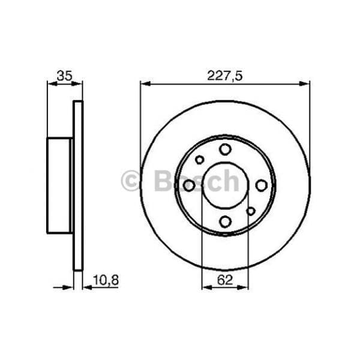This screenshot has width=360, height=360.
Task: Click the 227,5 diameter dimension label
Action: tap(224, 76)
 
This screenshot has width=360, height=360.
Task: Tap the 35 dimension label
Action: tap(65, 76)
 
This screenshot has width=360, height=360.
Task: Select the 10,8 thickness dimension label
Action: tap(106, 280)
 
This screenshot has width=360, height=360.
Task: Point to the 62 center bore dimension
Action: tap(225, 280)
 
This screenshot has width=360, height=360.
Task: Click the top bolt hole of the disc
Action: tap(225, 149)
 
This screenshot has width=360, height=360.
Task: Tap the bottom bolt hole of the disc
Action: tap(225, 221)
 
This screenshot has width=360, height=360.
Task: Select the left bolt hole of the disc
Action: tap(189, 185)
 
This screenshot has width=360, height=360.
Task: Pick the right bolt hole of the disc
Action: tap(262, 185)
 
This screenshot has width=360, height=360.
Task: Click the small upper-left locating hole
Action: tap(200, 160)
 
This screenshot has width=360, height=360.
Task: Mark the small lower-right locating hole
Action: tap(251, 211)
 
